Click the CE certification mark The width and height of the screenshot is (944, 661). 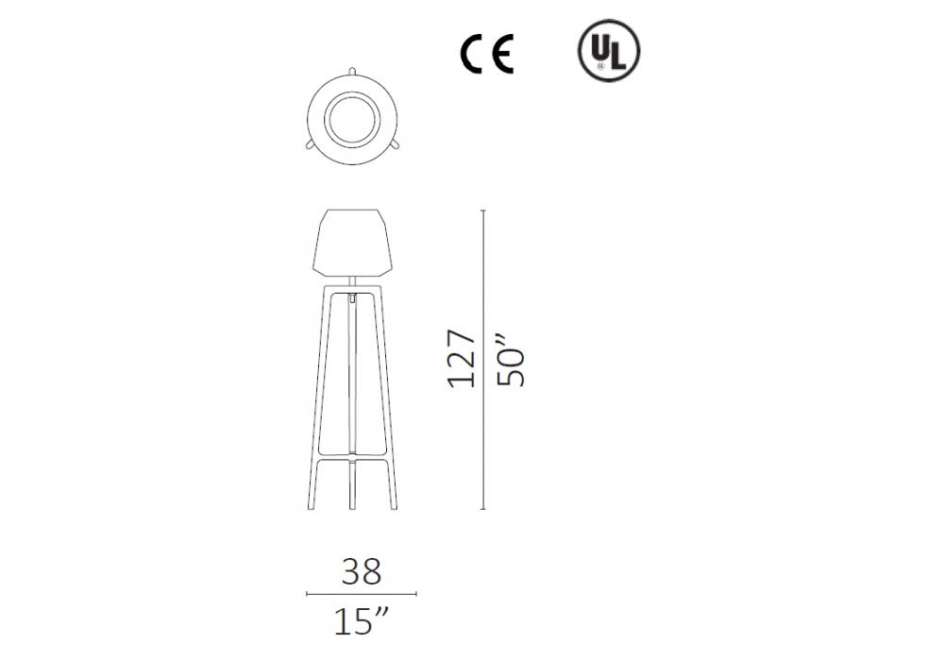point(486,54)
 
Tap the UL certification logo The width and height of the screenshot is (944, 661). point(609,51)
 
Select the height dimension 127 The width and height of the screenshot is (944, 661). point(462,358)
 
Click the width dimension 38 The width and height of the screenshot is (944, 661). point(362,571)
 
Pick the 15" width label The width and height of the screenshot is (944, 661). point(362,622)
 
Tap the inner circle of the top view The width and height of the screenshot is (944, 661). point(352,119)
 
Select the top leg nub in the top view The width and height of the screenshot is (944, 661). point(352,71)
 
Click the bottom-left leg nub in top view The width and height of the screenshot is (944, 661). point(310,144)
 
